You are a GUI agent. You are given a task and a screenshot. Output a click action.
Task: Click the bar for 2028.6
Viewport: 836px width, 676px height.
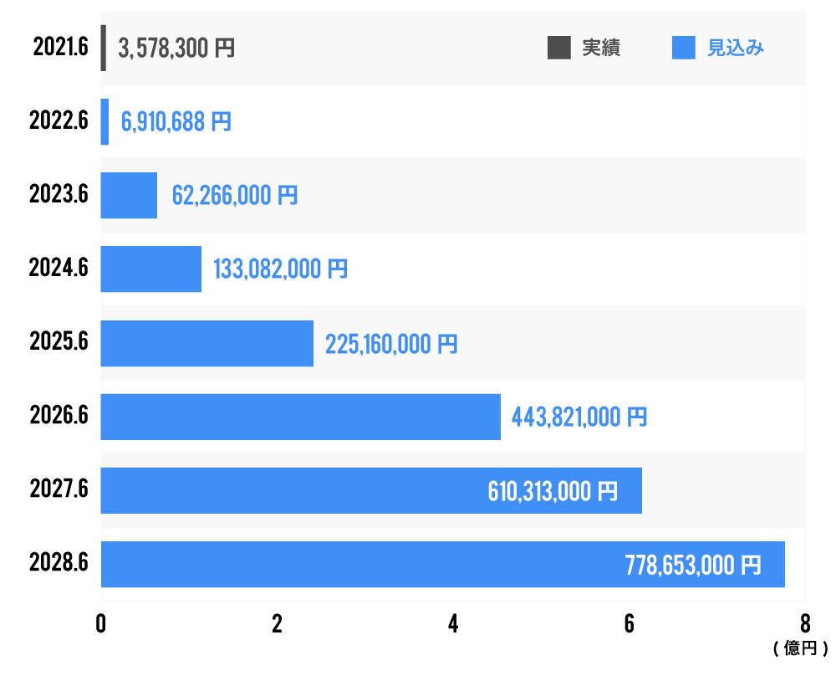click(359, 564)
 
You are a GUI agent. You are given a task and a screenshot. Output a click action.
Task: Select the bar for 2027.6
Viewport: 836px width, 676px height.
click(293, 490)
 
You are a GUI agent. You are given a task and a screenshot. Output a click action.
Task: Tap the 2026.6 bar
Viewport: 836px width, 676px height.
click(300, 417)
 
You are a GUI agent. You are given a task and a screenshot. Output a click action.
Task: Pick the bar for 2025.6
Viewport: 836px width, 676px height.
click(206, 343)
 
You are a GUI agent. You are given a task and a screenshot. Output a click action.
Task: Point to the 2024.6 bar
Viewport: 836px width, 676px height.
click(150, 269)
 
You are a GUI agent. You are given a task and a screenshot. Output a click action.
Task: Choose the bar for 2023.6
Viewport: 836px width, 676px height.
click(129, 196)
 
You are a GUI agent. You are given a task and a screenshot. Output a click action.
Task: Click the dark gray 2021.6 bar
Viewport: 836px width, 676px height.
click(104, 48)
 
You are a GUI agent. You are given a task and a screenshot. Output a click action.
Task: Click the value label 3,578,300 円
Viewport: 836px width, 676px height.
click(176, 49)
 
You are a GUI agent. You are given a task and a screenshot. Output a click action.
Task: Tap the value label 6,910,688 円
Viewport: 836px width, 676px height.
click(176, 122)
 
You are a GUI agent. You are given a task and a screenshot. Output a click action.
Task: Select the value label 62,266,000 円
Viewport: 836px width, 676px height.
click(234, 196)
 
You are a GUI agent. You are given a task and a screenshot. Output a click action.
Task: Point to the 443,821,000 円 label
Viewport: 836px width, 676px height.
click(579, 417)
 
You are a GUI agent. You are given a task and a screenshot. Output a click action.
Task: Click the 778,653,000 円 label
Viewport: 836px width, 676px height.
click(693, 565)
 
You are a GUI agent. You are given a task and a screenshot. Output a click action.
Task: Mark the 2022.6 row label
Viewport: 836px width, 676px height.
click(59, 122)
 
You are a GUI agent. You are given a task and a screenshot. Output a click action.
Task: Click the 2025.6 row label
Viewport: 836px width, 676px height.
click(59, 343)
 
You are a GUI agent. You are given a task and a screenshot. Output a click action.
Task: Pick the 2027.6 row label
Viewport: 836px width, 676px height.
click(59, 490)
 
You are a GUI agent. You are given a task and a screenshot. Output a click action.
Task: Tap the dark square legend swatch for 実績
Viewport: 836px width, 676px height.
click(558, 48)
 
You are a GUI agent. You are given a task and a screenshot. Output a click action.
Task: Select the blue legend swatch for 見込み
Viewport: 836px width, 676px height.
click(684, 48)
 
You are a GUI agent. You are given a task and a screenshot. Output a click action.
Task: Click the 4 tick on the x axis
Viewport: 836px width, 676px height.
click(453, 625)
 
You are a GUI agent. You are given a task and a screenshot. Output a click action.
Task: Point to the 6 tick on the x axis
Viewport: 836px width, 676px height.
click(629, 625)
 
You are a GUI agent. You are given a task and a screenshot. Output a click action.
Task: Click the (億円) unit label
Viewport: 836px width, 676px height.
click(800, 648)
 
